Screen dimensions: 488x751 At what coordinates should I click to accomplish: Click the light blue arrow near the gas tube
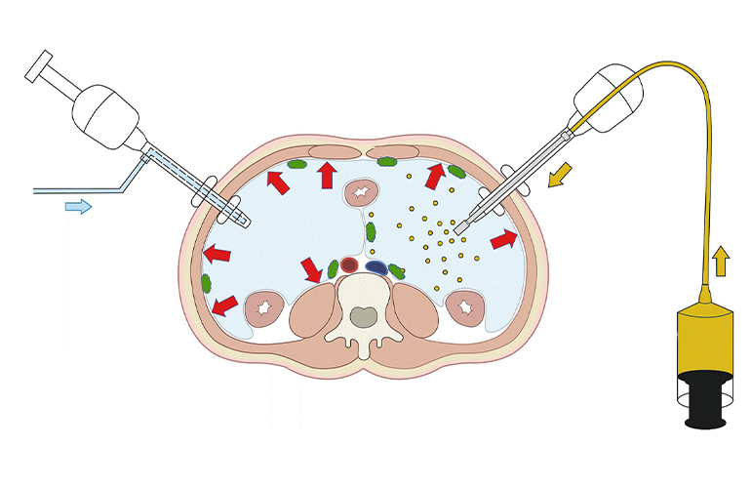click(79, 206)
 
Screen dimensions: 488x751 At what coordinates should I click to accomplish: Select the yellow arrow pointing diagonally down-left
click(559, 178)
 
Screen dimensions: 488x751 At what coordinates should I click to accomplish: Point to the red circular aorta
click(349, 264)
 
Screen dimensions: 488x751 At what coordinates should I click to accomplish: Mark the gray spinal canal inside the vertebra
click(364, 315)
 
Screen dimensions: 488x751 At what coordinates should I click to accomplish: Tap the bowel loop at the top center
click(363, 192)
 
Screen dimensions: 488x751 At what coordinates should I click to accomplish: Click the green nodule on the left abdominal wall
click(206, 284)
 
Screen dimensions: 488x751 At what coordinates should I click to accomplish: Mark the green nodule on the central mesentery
click(371, 233)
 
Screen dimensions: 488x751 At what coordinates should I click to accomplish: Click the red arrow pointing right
click(504, 238)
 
